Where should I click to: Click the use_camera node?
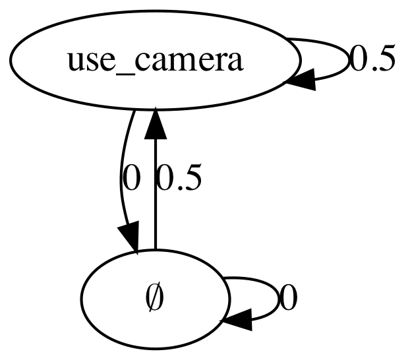click(156, 61)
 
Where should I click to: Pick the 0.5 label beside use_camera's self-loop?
click(372, 61)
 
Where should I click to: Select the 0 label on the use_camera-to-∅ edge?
click(131, 179)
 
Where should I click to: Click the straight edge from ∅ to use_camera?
click(156, 198)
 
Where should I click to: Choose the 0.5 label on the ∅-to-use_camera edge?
click(178, 179)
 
